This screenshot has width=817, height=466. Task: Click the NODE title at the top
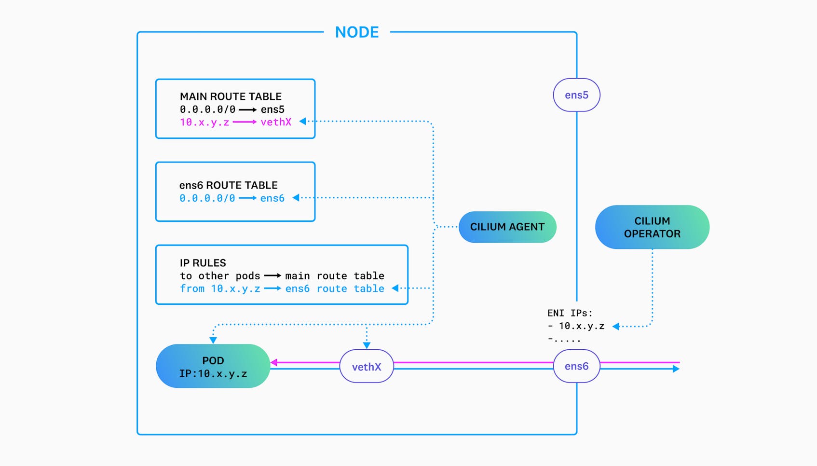[357, 32]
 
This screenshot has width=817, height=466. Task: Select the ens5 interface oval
[576, 95]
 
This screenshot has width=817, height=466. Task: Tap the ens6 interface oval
[576, 366]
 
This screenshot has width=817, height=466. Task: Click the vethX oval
[367, 367]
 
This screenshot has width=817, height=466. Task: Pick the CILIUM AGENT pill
[507, 227]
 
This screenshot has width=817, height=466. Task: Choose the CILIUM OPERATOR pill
[652, 227]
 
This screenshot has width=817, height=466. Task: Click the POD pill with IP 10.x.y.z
[213, 366]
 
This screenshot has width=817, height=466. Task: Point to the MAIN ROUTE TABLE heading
[231, 96]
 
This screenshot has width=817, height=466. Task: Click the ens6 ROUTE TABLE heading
[228, 185]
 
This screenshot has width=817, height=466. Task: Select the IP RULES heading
[203, 263]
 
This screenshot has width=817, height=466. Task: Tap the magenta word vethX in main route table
[276, 122]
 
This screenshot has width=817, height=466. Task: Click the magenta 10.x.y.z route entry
[204, 122]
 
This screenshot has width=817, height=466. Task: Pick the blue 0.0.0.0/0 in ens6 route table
[207, 198]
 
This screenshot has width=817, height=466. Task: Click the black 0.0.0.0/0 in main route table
[207, 110]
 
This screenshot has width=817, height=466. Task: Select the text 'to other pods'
[220, 276]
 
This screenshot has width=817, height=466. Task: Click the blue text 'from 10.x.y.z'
[220, 288]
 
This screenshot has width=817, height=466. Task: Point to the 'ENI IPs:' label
[570, 313]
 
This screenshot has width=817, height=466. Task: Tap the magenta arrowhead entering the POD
[274, 362]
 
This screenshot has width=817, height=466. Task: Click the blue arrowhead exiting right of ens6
[676, 369]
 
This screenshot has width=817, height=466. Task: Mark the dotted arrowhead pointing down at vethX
[367, 345]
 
